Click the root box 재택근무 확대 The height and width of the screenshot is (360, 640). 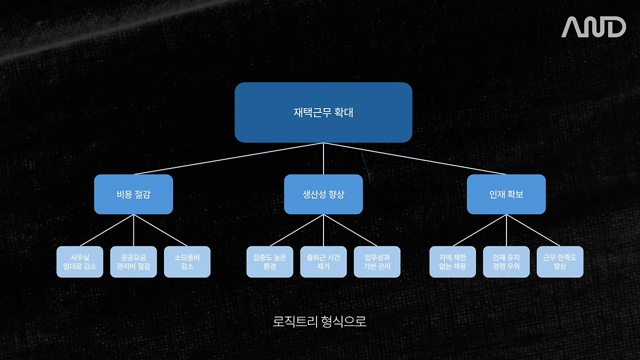[323, 112]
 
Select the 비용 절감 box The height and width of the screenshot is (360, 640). [133, 194]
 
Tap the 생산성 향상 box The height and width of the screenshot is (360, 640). [323, 194]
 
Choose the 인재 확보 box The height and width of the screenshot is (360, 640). [506, 194]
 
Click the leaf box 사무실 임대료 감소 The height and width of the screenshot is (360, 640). [79, 261]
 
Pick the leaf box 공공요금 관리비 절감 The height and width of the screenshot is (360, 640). [133, 261]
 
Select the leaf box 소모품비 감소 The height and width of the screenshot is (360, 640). [187, 261]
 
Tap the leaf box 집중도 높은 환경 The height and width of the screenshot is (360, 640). [269, 261]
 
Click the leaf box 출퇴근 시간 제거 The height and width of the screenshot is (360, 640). [323, 261]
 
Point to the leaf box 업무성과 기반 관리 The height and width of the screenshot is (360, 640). [377, 261]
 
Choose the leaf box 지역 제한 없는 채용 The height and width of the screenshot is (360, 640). [452, 261]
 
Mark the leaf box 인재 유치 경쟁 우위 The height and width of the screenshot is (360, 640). [506, 261]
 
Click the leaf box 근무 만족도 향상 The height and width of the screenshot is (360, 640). [560, 261]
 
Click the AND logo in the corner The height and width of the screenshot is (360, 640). [593, 27]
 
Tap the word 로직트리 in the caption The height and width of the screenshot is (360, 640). [295, 321]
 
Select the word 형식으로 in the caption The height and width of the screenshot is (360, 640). [343, 321]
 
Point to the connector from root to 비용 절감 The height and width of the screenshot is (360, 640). [228, 158]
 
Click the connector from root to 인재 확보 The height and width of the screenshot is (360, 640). [415, 158]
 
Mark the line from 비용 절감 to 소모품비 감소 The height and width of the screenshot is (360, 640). [160, 230]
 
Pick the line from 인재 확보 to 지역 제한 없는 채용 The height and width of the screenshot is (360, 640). [479, 230]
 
